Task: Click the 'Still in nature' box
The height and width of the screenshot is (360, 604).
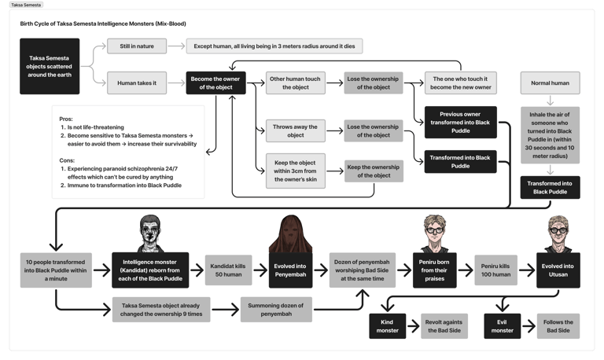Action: [x=137, y=46]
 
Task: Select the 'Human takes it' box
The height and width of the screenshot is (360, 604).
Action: [x=137, y=83]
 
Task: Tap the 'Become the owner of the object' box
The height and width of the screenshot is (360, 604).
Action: [x=215, y=83]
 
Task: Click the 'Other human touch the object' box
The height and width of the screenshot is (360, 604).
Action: [x=295, y=83]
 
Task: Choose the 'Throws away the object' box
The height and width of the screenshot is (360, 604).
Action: [x=295, y=130]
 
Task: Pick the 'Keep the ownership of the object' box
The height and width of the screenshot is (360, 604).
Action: [x=374, y=171]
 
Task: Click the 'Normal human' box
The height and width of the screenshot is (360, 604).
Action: [x=550, y=83]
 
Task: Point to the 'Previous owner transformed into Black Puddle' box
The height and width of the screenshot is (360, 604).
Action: [x=460, y=122]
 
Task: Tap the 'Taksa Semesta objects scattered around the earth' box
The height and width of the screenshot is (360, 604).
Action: [x=50, y=66]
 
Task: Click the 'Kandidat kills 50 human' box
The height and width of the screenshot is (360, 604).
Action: [x=229, y=270]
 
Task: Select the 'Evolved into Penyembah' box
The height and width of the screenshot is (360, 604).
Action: [x=290, y=270]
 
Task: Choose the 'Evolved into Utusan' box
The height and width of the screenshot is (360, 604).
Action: [x=558, y=270]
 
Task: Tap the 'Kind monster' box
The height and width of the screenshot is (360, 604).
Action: [x=388, y=325]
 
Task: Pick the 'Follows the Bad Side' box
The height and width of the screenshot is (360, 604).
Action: [x=558, y=325]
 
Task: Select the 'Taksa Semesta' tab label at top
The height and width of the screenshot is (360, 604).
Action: [x=27, y=5]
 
